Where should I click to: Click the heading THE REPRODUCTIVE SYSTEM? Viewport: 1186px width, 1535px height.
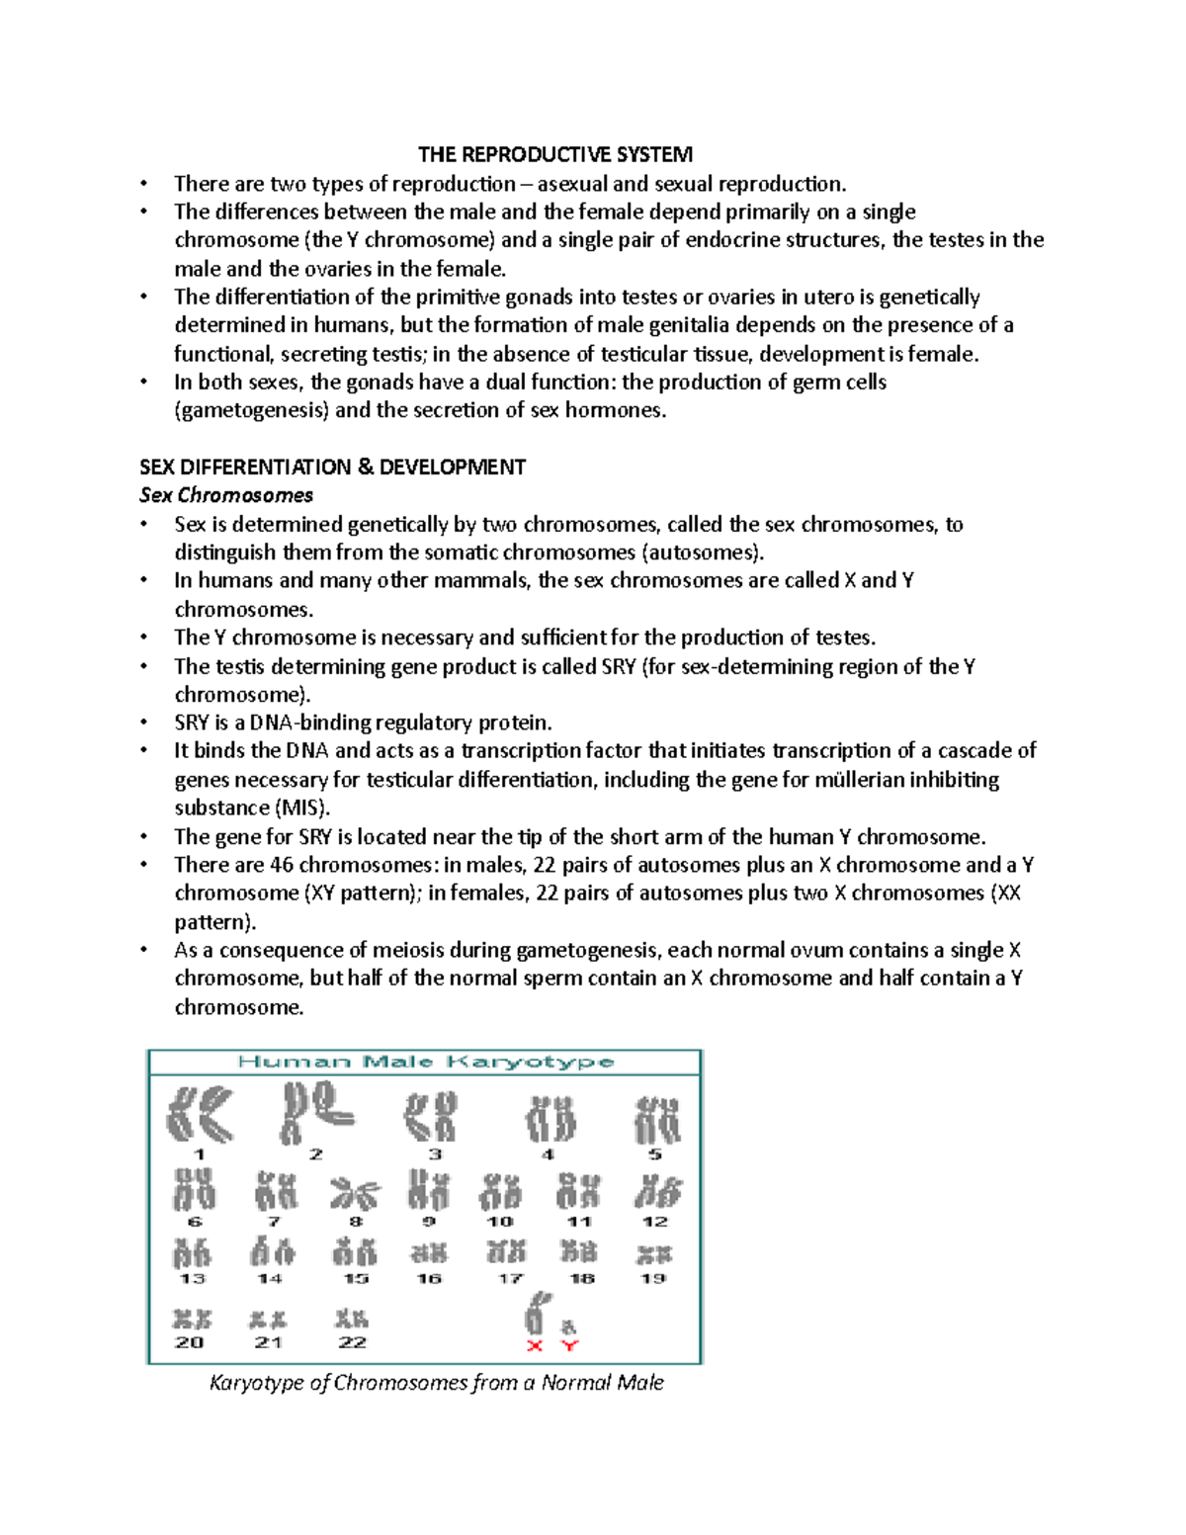point(554,154)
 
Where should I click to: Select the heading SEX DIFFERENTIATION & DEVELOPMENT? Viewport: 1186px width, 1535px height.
point(332,467)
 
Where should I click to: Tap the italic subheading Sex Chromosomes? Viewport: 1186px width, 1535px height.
point(226,495)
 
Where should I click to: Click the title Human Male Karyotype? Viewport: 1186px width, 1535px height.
point(425,1063)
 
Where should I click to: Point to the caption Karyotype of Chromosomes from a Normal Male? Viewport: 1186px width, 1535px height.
point(436,1383)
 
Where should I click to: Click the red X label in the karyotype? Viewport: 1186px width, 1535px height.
point(535,1345)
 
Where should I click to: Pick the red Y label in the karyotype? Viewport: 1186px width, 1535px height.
point(569,1345)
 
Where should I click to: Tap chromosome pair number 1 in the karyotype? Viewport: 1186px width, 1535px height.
point(198,1114)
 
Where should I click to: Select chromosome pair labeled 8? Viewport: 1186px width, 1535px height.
point(354,1193)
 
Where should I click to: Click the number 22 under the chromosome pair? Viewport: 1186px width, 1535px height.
point(352,1342)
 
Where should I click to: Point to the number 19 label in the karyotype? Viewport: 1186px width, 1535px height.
point(653,1278)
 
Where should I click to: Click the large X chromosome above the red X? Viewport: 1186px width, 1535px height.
point(535,1314)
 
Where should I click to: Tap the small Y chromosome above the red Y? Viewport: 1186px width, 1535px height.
point(569,1326)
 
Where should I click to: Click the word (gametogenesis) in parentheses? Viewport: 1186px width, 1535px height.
point(251,410)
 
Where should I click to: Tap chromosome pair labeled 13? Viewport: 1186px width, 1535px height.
point(192,1253)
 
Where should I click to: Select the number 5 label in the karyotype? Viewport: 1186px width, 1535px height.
point(654,1154)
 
